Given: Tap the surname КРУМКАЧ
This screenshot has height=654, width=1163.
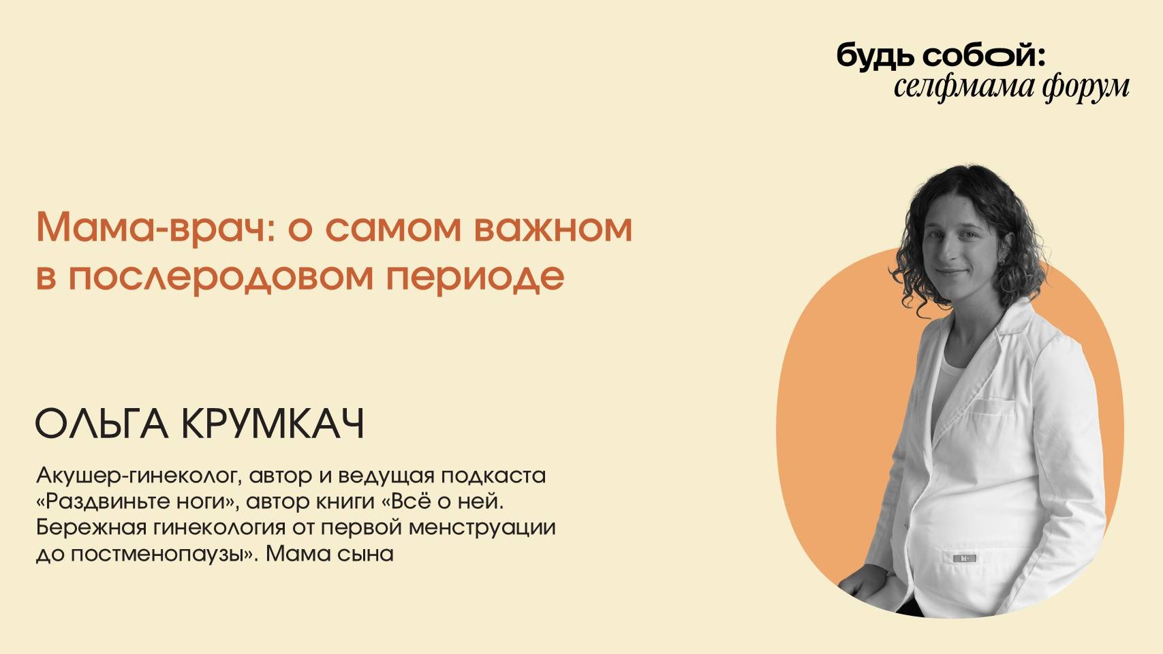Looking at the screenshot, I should tap(273, 424).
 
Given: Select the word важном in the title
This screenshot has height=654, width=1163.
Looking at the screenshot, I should tap(553, 228).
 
